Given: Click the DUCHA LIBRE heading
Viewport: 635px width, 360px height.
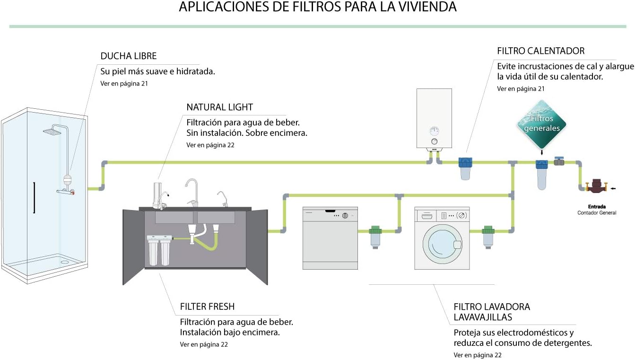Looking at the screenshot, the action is coord(129,56).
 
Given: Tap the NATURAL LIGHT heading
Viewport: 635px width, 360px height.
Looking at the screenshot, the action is coord(219,107).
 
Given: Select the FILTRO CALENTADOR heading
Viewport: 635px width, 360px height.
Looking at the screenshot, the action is coord(540,51).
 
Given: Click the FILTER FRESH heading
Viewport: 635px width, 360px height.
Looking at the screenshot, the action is coord(207,307).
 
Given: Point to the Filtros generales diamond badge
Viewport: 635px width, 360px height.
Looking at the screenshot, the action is coord(541,124).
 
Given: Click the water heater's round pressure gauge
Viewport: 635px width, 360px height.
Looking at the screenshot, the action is coord(435,131).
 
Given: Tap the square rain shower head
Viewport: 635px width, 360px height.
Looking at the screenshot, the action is coord(52,131).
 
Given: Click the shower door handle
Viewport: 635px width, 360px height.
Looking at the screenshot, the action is coord(35,197).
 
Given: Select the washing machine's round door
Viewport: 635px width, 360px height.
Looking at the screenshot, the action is coord(442,244).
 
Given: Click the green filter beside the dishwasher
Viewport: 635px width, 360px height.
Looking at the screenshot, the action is coord(375,237).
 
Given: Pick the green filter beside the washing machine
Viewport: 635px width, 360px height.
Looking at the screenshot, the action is coord(488,237).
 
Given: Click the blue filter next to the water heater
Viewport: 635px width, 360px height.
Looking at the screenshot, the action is coord(465,168).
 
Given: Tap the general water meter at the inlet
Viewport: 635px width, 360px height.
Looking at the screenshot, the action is coord(596,186).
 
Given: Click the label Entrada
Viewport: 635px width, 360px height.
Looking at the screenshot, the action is coord(597,207).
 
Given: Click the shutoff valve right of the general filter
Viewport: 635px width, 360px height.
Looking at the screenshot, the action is coord(559,161).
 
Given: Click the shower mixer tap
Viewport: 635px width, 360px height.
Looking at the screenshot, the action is coord(65,192).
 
